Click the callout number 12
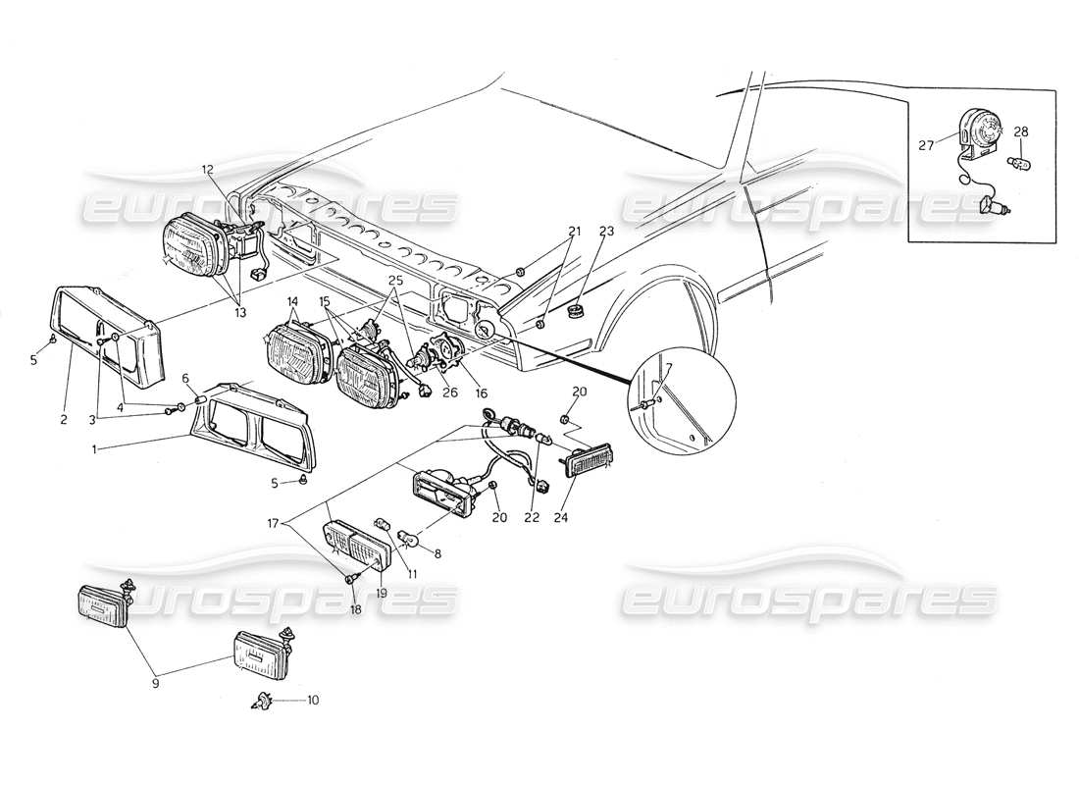tap(208, 170)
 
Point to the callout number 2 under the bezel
tap(62, 420)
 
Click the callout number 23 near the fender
tap(605, 232)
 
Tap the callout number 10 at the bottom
tap(312, 701)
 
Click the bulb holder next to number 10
tap(263, 701)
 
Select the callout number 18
tap(356, 608)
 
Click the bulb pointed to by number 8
tap(413, 537)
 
